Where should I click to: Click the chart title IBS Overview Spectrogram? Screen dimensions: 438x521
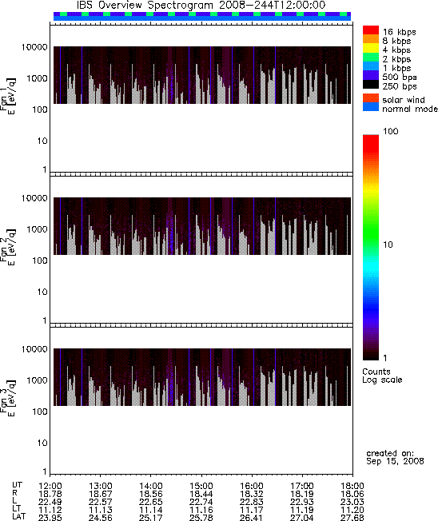point(145,6)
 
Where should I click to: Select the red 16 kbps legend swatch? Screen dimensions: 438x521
point(371,30)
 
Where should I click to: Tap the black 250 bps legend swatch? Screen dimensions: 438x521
point(371,85)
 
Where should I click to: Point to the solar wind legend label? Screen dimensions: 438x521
point(404,100)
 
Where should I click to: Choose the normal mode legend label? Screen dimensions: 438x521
point(410,109)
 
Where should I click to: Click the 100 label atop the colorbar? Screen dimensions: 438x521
point(391,131)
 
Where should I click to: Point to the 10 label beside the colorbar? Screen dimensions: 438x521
point(388,245)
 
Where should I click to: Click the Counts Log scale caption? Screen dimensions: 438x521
point(382,376)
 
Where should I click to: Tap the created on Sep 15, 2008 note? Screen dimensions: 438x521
point(395,457)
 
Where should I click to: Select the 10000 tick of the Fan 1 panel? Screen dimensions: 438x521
point(34,47)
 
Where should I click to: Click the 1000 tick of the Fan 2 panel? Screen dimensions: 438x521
point(38,229)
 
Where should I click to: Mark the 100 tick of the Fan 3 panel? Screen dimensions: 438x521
point(40,412)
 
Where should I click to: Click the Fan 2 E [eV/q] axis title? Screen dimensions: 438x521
point(8,247)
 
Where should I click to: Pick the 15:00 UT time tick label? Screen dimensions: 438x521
point(201,486)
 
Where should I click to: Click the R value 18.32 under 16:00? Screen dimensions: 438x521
point(251,494)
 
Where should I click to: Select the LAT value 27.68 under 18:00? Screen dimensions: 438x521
point(352,517)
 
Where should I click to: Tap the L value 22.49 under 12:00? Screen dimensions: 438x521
point(50,502)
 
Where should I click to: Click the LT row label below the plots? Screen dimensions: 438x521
point(17,509)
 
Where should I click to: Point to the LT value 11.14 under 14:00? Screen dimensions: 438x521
point(150,510)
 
